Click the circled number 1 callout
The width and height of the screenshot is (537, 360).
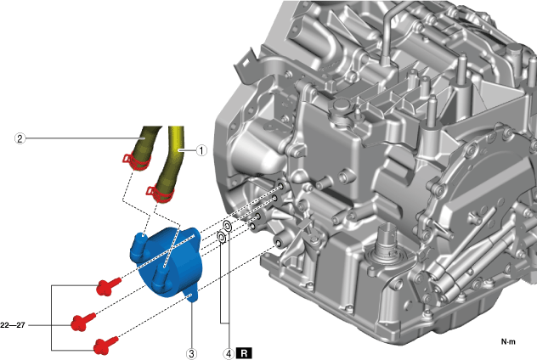(x=201, y=150)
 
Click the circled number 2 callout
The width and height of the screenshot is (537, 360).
(x=20, y=138)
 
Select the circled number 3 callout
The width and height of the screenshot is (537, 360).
(x=191, y=353)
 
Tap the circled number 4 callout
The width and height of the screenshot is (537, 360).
(x=229, y=353)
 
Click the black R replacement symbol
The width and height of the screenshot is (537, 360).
(x=244, y=353)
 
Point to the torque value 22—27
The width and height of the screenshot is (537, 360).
(x=13, y=325)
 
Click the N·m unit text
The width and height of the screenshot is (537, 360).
(x=508, y=341)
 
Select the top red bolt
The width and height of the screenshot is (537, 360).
(x=108, y=286)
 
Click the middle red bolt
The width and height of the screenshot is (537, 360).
(x=83, y=322)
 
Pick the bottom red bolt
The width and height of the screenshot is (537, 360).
(x=106, y=345)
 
